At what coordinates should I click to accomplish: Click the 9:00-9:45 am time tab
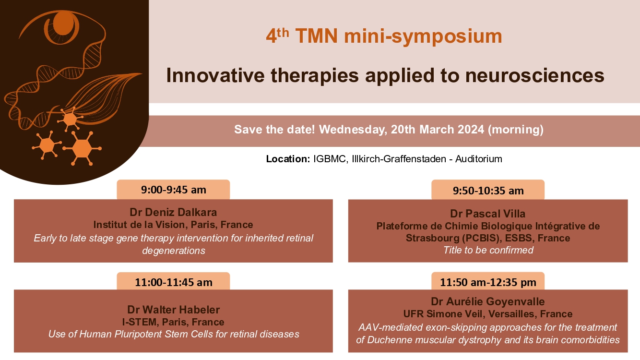click(x=173, y=190)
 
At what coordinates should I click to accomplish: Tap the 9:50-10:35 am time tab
click(x=488, y=190)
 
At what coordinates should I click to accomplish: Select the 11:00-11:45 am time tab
click(x=173, y=281)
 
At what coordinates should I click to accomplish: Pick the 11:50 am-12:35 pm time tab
click(x=488, y=281)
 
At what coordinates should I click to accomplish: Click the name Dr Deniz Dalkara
click(x=173, y=212)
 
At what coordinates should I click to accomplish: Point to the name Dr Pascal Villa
click(x=488, y=214)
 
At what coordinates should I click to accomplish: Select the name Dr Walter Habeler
click(x=173, y=310)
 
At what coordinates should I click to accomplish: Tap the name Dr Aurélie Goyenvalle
click(x=488, y=301)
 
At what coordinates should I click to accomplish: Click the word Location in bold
click(x=288, y=159)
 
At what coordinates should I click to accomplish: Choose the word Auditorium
click(x=479, y=159)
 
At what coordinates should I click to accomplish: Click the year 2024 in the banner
click(x=471, y=129)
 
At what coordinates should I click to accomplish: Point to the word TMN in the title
click(x=317, y=36)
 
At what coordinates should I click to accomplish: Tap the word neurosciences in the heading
click(x=535, y=75)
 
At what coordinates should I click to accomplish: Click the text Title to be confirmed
click(x=488, y=250)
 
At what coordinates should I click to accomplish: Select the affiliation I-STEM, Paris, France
click(x=173, y=322)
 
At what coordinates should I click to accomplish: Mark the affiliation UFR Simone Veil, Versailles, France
click(x=488, y=313)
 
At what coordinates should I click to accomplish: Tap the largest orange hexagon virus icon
click(x=82, y=148)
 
